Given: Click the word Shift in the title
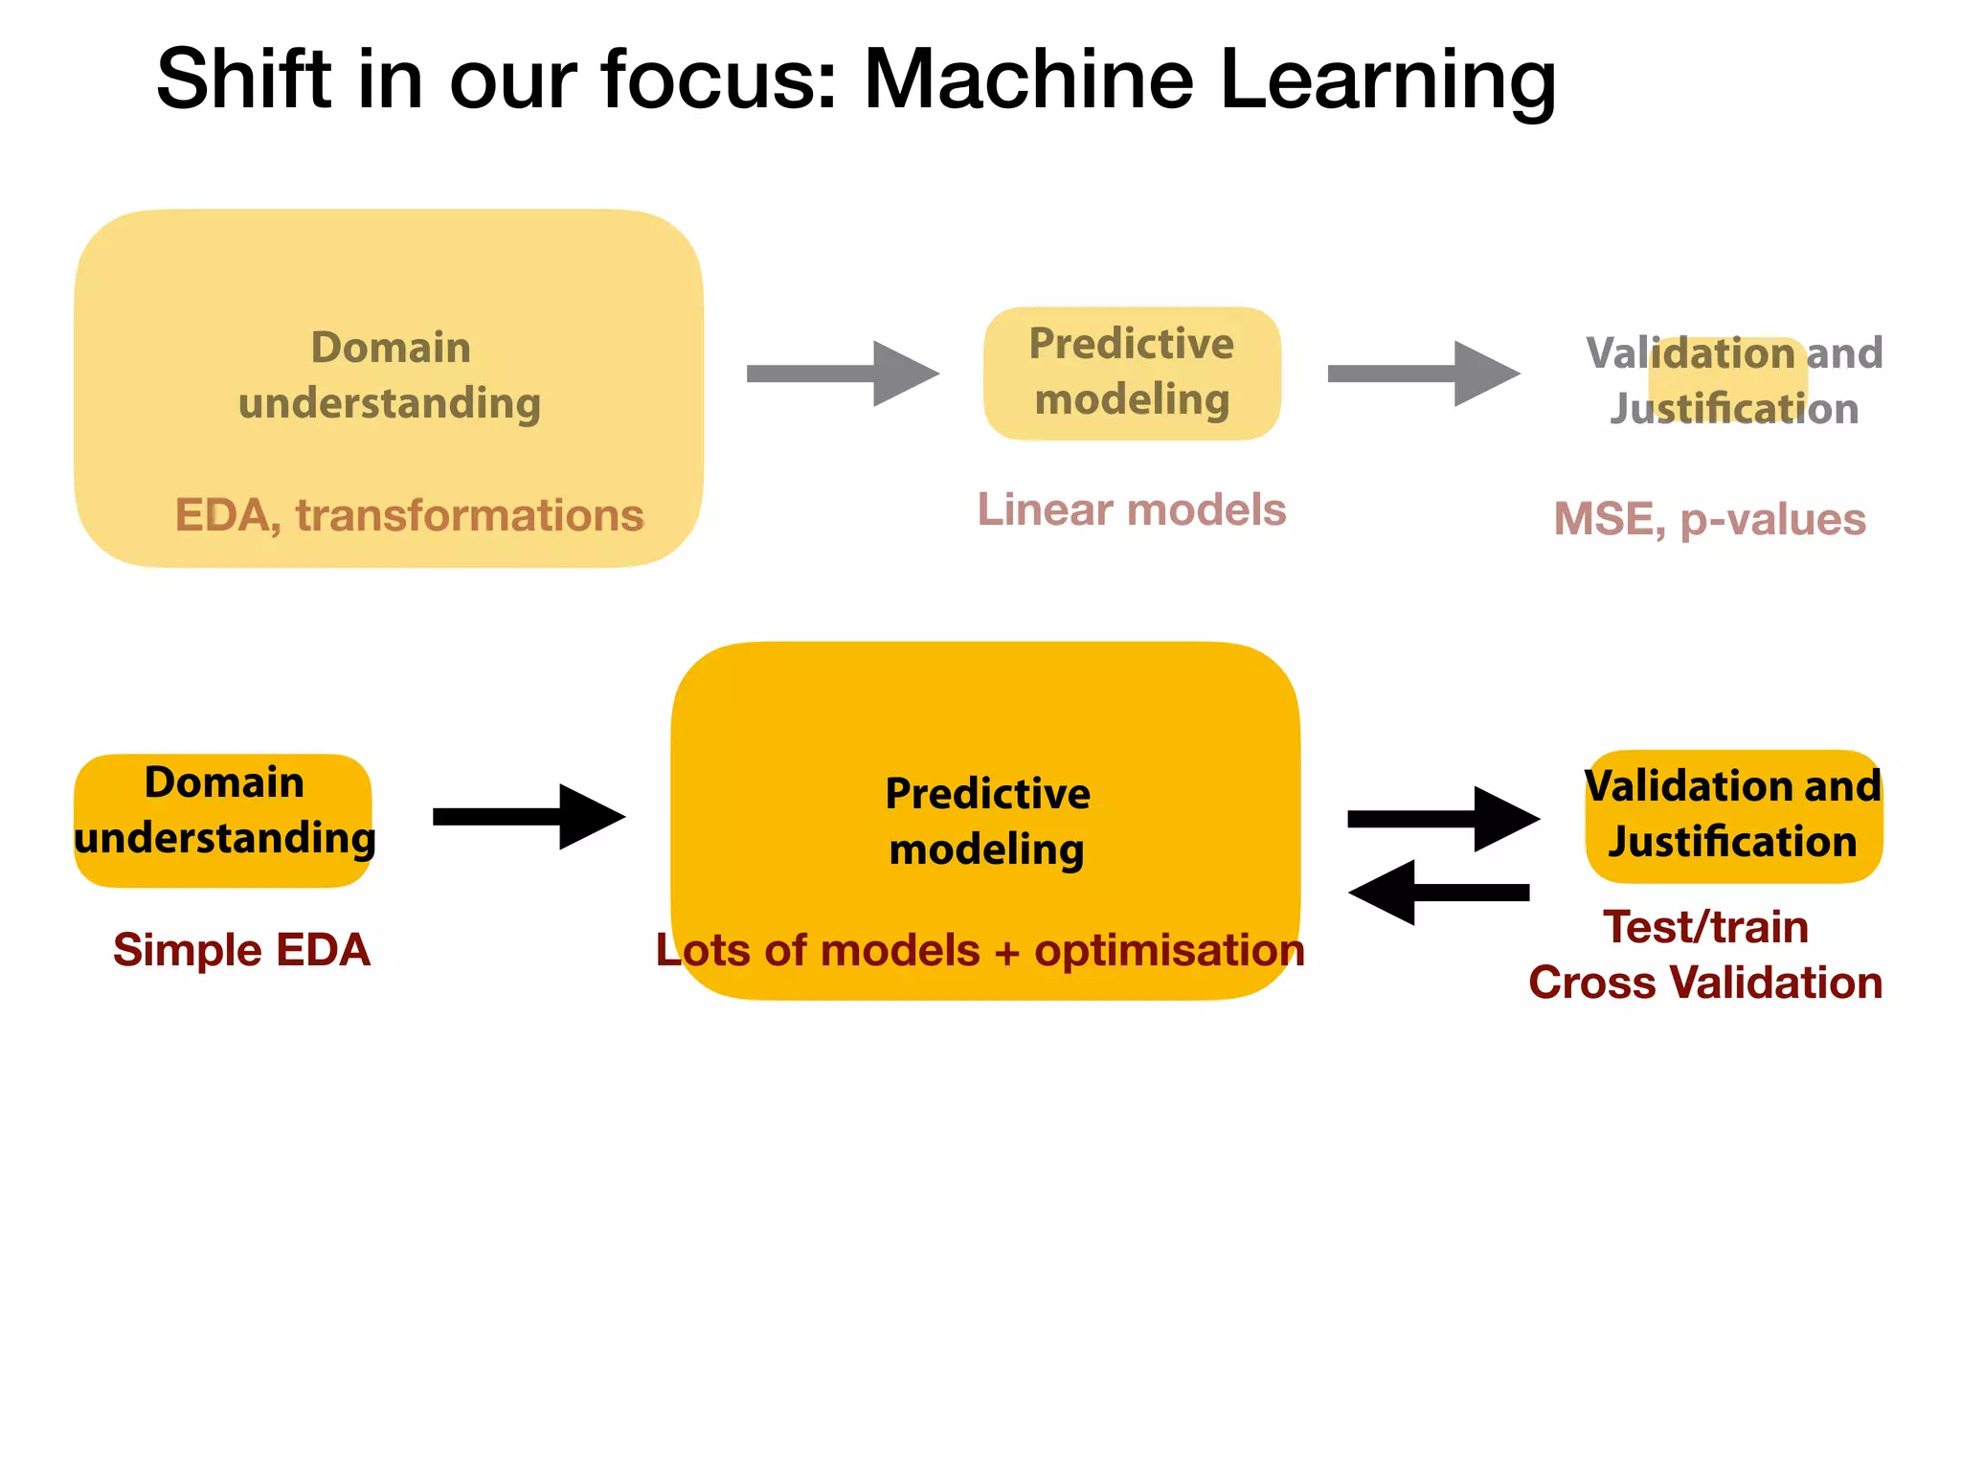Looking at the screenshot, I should [243, 79].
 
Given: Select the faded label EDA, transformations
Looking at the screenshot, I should [409, 515].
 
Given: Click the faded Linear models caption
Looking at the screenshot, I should [1131, 509].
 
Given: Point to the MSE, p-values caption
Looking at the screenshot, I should [1709, 519].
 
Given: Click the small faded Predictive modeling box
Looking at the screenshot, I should [1131, 373].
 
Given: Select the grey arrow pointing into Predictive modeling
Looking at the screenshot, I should [842, 373].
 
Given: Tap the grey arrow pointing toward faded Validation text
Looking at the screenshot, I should [1423, 373].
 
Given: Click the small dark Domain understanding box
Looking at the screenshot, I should [223, 820].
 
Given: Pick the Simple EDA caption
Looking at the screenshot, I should [241, 950].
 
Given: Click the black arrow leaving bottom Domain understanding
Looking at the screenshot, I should [529, 817].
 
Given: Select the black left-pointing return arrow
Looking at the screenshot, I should [1438, 893].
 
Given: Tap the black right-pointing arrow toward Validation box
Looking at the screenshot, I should [1442, 819].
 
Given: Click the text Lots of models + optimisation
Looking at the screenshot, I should [980, 950].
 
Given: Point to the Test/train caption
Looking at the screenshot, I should [1705, 927].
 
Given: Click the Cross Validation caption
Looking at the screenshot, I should [1705, 983].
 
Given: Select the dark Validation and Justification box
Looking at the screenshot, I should [1733, 816].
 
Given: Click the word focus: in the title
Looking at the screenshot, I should [718, 79].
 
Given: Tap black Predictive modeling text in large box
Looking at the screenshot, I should [986, 821].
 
